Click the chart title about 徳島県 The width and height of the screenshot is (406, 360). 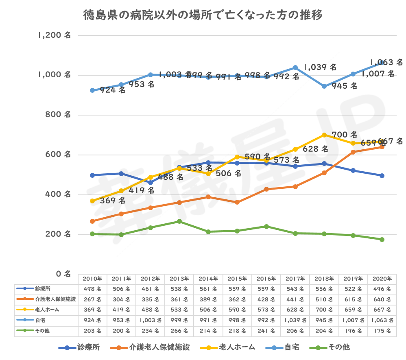pos(203,15)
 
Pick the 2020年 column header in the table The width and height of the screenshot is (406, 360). pos(382,279)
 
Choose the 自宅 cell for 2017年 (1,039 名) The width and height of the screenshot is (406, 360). pos(295,321)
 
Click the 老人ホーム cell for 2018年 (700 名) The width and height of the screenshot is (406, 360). pos(324,310)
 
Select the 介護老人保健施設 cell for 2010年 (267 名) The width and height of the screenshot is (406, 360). pos(92,299)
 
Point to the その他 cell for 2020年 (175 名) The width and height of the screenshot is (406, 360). pos(382,331)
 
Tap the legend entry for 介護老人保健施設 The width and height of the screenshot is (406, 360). pos(158,347)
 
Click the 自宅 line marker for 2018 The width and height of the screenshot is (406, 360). pos(324,86)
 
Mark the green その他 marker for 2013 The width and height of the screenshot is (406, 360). pos(179,221)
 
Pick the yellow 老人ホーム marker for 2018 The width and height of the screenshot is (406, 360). pos(324,135)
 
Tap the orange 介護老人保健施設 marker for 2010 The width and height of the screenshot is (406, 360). pos(92,221)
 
